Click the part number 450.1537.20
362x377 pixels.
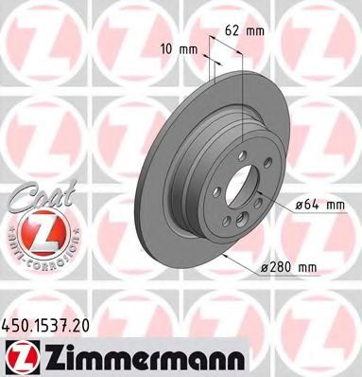54,323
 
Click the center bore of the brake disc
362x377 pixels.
241,184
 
